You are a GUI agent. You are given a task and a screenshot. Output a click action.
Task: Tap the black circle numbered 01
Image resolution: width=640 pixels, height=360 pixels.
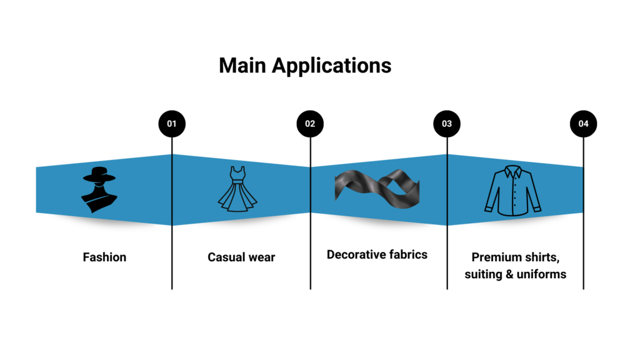(x=172, y=124)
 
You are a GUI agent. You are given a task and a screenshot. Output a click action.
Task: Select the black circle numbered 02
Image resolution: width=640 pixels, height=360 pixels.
(x=310, y=124)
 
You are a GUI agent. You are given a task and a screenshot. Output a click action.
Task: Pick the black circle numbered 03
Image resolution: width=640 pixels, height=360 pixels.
(x=447, y=124)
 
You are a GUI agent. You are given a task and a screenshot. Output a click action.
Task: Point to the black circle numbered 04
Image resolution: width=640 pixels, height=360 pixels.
(x=583, y=124)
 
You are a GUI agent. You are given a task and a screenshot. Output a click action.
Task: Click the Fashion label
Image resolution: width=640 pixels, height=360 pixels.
(x=104, y=257)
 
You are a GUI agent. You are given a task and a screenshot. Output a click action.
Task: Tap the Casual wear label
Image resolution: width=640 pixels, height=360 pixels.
(x=241, y=257)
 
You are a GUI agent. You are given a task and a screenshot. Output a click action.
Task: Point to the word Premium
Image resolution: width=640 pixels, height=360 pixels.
(x=497, y=257)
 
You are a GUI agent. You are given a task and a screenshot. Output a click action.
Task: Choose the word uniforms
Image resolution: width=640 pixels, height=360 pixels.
(x=541, y=274)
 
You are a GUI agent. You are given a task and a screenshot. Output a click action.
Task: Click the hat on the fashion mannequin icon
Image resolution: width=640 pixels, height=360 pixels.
(x=100, y=174)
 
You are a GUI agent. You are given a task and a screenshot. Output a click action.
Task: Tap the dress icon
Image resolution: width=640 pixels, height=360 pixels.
(x=237, y=188)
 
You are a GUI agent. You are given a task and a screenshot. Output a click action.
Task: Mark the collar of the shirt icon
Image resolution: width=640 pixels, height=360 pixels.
(x=512, y=170)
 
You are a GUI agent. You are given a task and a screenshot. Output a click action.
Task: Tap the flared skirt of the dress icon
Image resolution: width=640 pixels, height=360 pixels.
(x=237, y=199)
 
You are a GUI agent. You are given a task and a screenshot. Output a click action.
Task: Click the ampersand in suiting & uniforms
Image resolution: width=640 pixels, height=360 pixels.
(x=508, y=274)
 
